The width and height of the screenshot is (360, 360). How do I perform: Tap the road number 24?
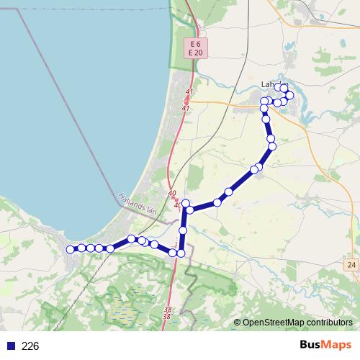pyautogui.click(x=351, y=266)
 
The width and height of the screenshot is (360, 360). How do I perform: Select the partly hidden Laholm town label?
pyautogui.click(x=268, y=84)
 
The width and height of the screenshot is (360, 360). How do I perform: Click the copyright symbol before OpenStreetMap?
pyautogui.click(x=238, y=323)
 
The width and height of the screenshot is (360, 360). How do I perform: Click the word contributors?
pyautogui.click(x=327, y=323)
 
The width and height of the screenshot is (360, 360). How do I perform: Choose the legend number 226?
pyautogui.click(x=30, y=346)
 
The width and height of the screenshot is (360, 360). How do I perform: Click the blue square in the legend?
pyautogui.click(x=10, y=346)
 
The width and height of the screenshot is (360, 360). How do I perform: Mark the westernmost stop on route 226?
pyautogui.click(x=71, y=249)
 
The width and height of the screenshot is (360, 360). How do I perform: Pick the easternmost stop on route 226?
pyautogui.click(x=289, y=95)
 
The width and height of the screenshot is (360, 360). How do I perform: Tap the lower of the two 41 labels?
pyautogui.click(x=186, y=108)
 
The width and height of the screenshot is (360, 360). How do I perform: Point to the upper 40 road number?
pyautogui.click(x=171, y=194)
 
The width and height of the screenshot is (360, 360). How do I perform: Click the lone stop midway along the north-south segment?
pyautogui.click(x=183, y=230)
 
